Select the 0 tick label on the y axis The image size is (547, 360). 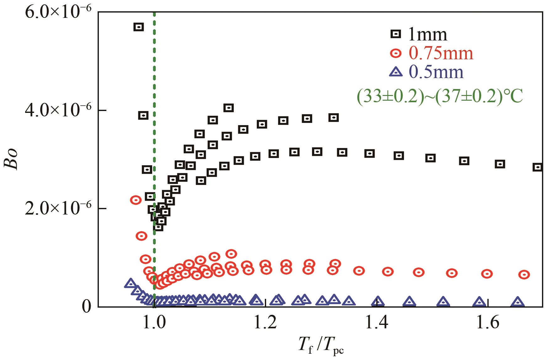click(86, 307)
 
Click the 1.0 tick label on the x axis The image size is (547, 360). click(154, 323)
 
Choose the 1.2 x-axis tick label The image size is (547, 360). click(265, 323)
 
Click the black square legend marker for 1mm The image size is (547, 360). click(396, 34)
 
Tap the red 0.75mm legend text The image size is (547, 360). click(441, 54)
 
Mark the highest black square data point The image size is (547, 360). click(138, 27)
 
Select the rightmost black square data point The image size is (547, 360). click(538, 167)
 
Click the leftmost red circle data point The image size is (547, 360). click(136, 200)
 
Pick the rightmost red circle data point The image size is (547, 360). click(524, 274)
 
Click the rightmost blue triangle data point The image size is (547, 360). click(518, 302)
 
